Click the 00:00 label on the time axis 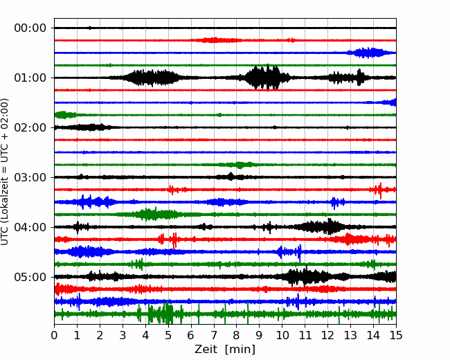click(x=30, y=28)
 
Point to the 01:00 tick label click(x=30, y=78)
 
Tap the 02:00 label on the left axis click(x=30, y=128)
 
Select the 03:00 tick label click(x=30, y=177)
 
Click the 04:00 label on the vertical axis click(x=30, y=227)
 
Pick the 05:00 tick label click(x=30, y=278)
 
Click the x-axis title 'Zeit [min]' click(x=225, y=350)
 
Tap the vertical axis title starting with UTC click(x=5, y=172)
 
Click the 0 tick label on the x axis click(x=54, y=335)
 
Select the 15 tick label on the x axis click(x=396, y=335)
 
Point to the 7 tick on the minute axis click(x=214, y=335)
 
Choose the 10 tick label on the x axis click(x=282, y=335)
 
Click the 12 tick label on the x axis click(x=327, y=335)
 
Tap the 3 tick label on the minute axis click(x=123, y=335)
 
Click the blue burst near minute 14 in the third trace click(x=370, y=53)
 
